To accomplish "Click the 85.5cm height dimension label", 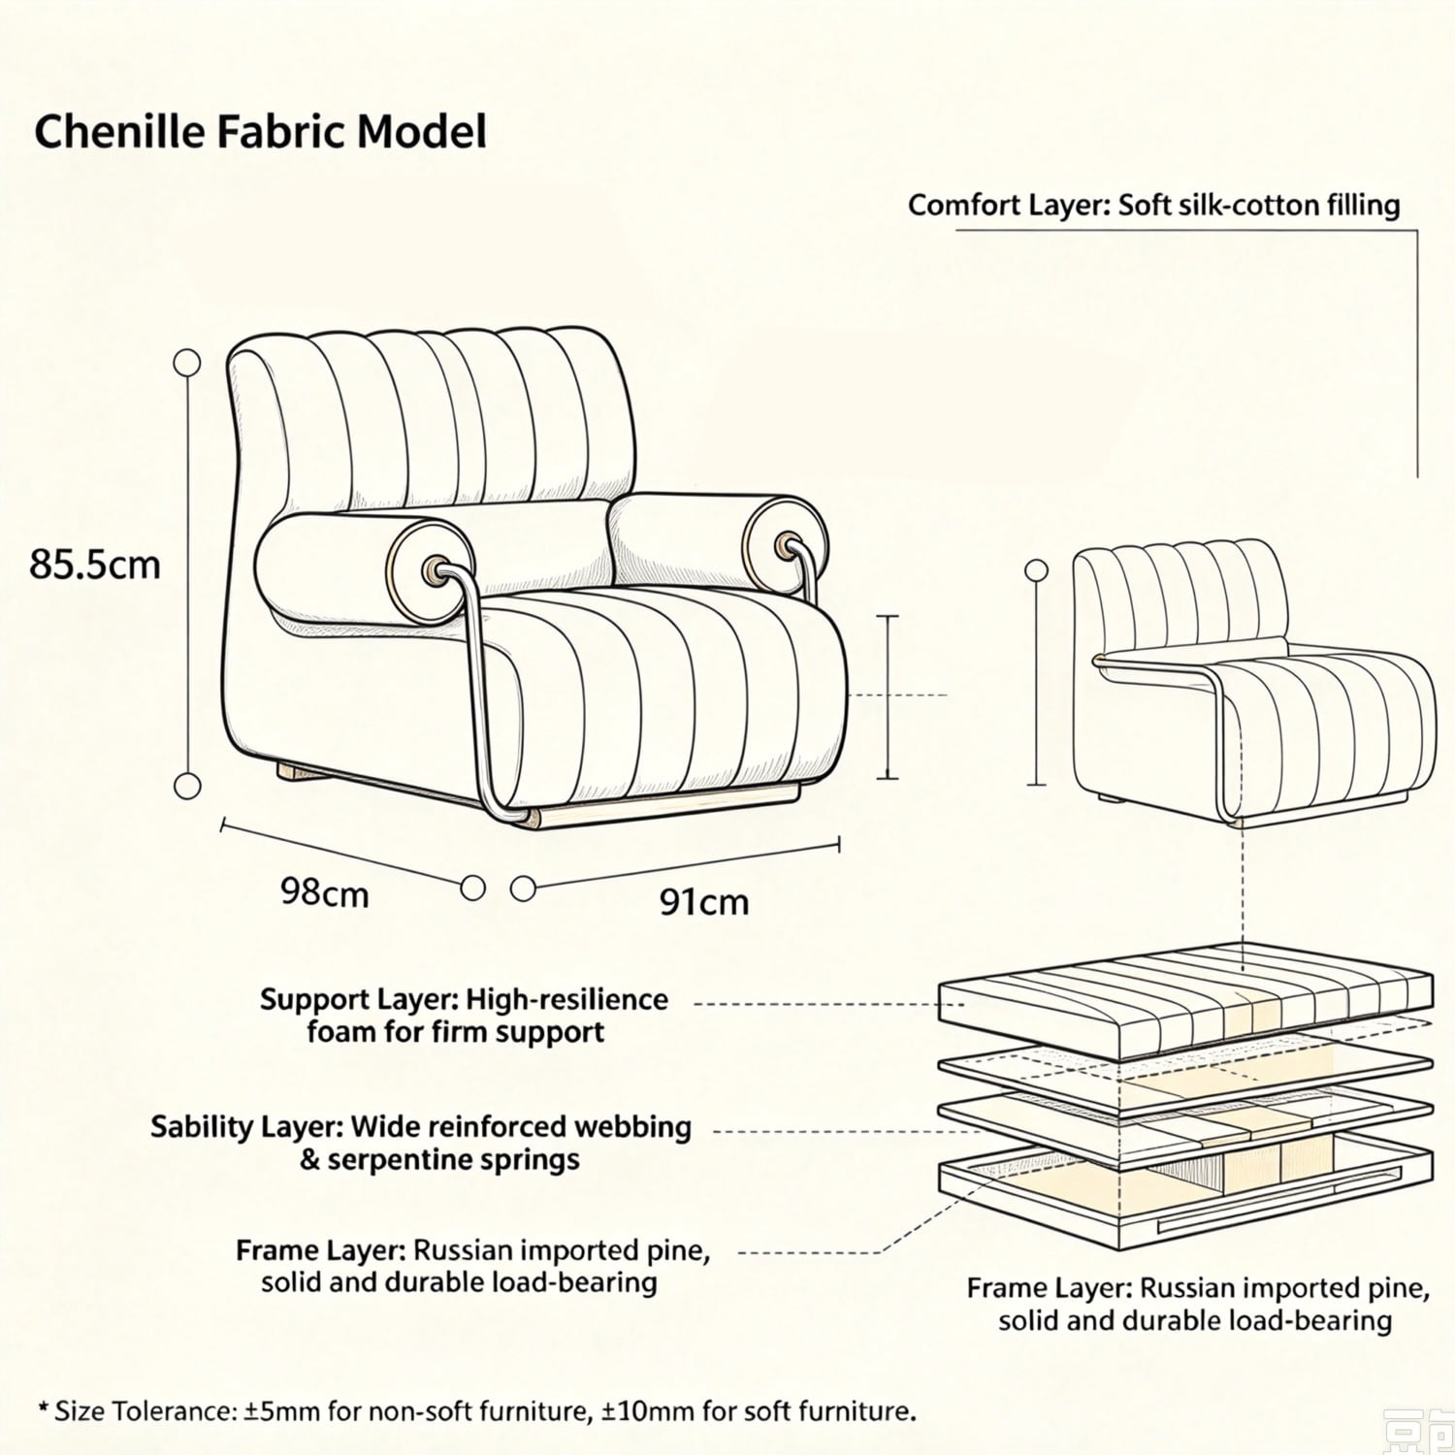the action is [94, 564].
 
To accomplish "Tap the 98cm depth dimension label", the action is [325, 892].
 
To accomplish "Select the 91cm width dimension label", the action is [704, 902].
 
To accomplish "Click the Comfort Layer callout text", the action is [1154, 206].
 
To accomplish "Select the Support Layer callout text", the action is [464, 1015].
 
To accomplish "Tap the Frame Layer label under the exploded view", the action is [1199, 1305].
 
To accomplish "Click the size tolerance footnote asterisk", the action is [42, 1407].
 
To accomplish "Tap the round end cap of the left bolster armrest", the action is [431, 568].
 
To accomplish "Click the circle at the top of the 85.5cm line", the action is [186, 363].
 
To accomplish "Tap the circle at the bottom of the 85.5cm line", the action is [186, 785].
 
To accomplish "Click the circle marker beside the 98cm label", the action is [472, 887].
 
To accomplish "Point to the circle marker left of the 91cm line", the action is [523, 888].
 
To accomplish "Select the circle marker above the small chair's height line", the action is [1037, 568].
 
